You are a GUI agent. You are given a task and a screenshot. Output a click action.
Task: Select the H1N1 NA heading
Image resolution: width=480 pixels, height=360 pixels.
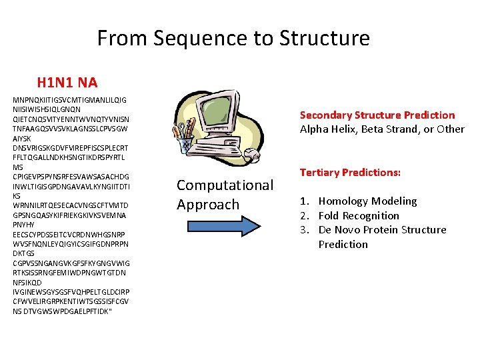67,83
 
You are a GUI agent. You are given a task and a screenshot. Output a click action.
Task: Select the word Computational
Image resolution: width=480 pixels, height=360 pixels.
225,185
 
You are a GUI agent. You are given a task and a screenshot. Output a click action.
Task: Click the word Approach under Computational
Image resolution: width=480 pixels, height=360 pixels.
207,204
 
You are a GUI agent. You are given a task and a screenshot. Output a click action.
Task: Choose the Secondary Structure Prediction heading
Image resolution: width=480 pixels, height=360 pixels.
377,115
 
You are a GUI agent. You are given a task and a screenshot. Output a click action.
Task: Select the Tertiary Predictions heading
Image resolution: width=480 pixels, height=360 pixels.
350,172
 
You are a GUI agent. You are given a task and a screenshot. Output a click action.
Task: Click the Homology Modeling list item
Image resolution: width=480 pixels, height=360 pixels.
367,201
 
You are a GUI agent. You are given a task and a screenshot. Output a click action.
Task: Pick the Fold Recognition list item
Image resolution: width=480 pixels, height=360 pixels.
359,215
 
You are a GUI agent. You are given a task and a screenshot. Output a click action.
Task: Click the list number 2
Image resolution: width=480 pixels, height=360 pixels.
303,215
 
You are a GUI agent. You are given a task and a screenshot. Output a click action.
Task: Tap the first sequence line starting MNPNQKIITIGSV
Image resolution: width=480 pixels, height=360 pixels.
70,100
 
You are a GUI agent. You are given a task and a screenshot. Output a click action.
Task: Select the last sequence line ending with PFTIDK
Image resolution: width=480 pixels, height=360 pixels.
63,311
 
